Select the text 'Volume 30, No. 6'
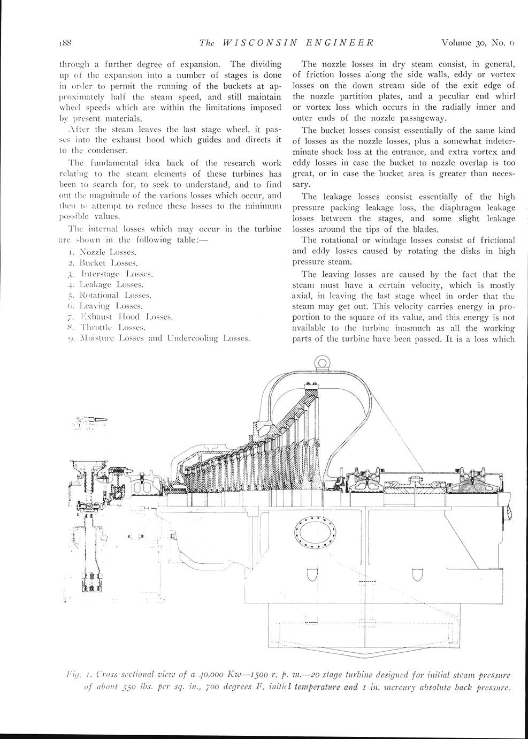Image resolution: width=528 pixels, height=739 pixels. (x=478, y=42)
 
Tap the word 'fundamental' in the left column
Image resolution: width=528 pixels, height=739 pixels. (x=112, y=163)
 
